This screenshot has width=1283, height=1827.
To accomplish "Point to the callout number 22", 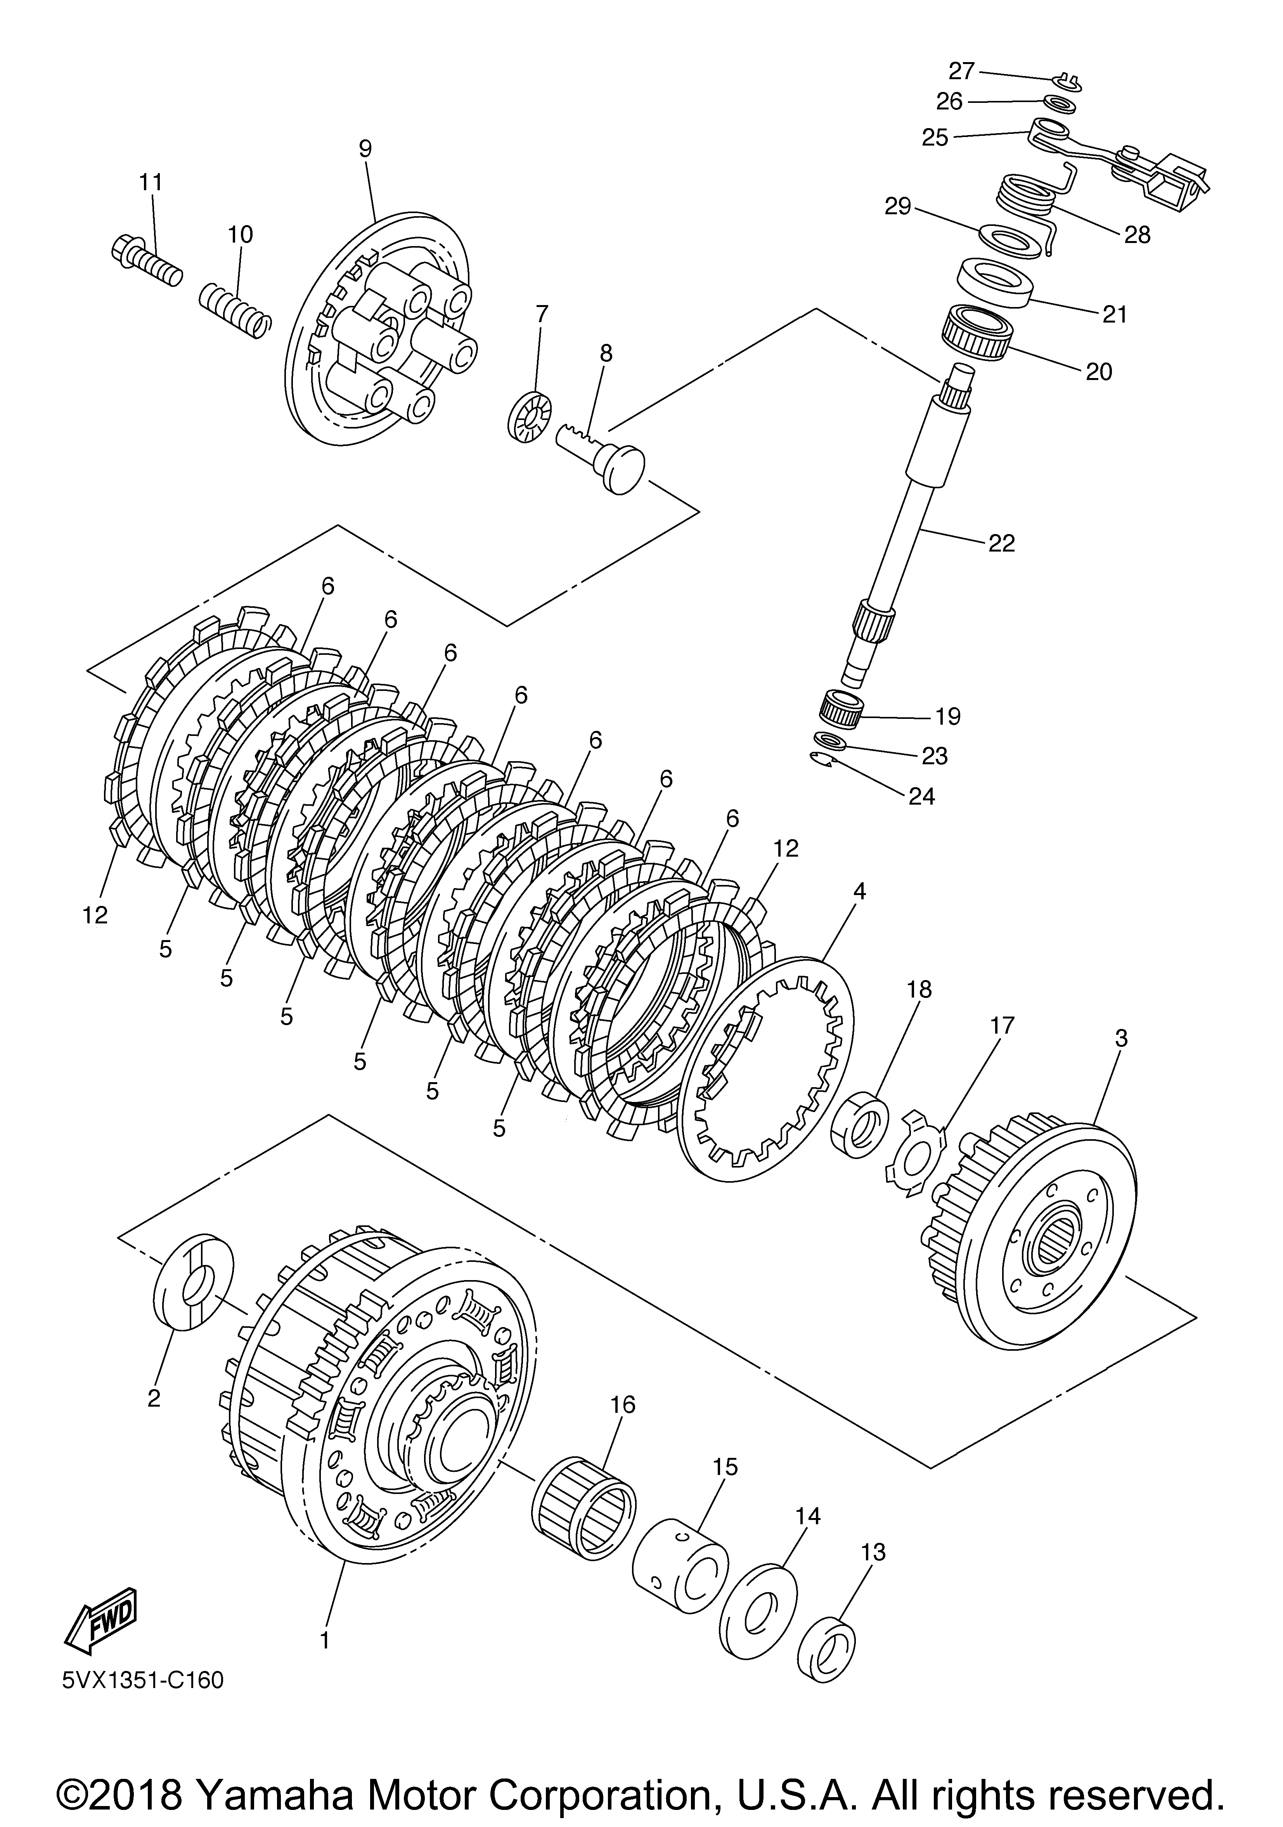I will pos(1001,543).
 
